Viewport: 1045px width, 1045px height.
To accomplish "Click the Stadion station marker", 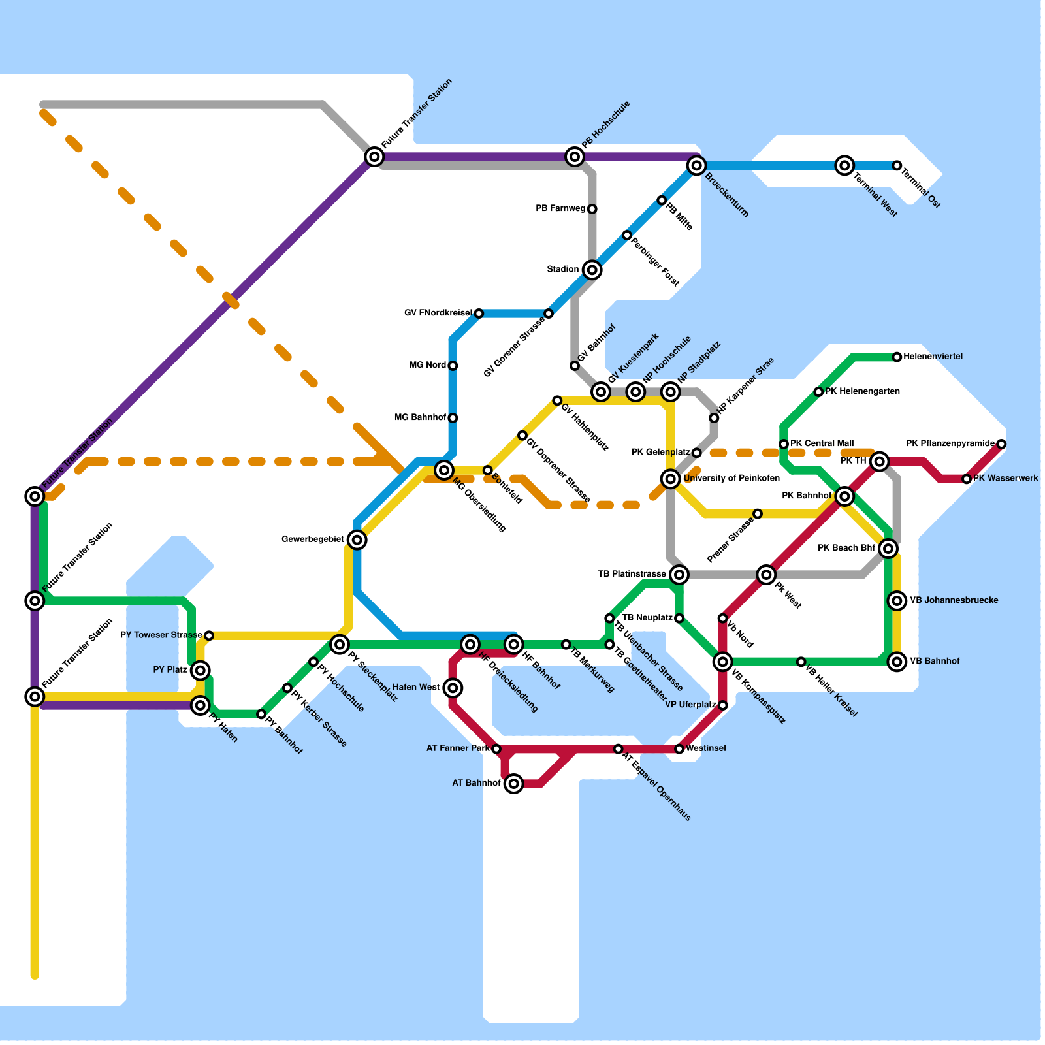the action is (x=592, y=270).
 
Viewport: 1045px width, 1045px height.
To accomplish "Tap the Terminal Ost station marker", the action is (x=897, y=166).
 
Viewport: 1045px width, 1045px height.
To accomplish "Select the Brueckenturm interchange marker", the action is (x=697, y=166).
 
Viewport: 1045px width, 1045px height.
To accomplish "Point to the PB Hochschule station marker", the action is (x=575, y=157).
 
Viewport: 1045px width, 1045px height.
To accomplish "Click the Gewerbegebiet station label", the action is (x=313, y=539).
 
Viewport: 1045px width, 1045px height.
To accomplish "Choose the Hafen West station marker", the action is (x=453, y=688).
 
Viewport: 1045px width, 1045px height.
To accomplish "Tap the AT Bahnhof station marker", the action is (x=514, y=784).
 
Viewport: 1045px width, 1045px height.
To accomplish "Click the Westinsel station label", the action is (x=706, y=748).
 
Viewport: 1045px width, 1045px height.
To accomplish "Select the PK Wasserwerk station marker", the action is (x=967, y=479).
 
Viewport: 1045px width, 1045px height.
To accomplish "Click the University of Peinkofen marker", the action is (x=671, y=479).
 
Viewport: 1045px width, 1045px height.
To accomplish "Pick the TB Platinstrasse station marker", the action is (x=679, y=575).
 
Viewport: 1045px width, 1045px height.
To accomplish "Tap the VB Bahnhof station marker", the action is (x=897, y=662).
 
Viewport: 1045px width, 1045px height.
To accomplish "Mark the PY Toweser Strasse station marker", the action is (x=209, y=635).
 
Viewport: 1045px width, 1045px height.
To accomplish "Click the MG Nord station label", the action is (x=428, y=366).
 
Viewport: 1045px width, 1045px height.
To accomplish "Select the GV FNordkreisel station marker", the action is (x=479, y=313).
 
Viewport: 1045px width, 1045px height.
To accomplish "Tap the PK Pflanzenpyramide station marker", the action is (x=1001, y=444).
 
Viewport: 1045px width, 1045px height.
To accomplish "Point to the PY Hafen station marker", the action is (x=201, y=705).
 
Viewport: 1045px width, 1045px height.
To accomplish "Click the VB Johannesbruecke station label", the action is (x=954, y=601).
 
